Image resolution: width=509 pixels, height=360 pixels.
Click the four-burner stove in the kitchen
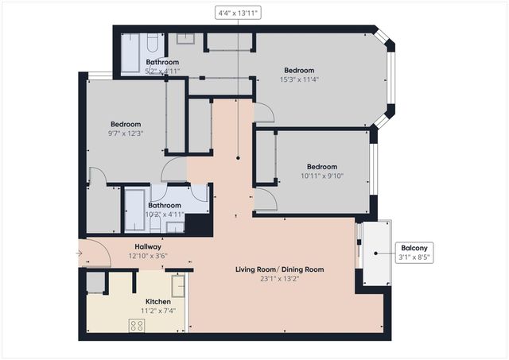pos(137,324)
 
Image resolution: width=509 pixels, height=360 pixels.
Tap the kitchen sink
pos(178,285)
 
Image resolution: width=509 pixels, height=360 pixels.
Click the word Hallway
pos(148,246)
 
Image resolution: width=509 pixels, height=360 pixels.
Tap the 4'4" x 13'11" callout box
pos(239,13)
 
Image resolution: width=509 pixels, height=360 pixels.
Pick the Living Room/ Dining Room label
pos(279,269)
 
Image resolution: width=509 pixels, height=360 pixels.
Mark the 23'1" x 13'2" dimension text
pos(279,279)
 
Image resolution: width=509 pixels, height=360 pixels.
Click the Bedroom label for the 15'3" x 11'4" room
pos(299,70)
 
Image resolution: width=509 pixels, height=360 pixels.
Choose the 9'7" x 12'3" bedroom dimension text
pos(126,133)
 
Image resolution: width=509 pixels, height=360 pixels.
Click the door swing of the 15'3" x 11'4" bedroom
pos(264,114)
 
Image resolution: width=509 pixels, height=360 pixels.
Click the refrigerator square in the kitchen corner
pos(96,282)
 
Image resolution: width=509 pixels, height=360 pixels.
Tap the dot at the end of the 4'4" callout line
pos(239,159)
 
